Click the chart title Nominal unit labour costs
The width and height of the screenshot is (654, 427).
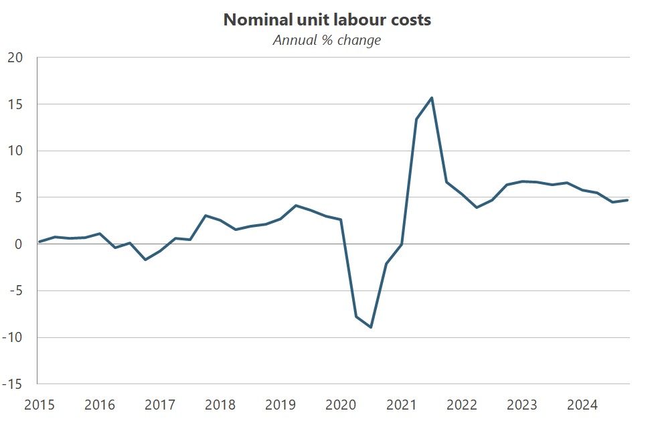tap(327, 20)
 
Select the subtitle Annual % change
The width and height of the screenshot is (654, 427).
tap(327, 40)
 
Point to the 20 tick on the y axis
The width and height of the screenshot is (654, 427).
tap(15, 58)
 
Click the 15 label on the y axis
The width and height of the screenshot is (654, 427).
tap(15, 104)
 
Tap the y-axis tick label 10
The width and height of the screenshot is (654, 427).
tap(15, 151)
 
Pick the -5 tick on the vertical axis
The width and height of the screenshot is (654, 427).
tap(15, 291)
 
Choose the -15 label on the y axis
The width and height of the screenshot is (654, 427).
tap(12, 385)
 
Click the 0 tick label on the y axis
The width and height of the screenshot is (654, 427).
tap(19, 244)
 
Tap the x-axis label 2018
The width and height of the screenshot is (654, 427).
tap(220, 405)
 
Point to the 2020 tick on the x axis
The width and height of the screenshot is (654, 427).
tap(341, 405)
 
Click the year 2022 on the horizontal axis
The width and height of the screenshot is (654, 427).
tap(461, 405)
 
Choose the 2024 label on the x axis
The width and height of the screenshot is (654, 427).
tap(582, 405)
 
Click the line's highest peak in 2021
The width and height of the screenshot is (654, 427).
tap(432, 98)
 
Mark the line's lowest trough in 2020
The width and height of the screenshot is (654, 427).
tap(371, 327)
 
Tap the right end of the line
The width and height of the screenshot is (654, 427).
tap(627, 200)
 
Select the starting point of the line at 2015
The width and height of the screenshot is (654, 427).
tap(39, 242)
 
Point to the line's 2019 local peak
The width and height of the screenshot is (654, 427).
tap(296, 205)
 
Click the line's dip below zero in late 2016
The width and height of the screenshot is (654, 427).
tap(145, 260)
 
